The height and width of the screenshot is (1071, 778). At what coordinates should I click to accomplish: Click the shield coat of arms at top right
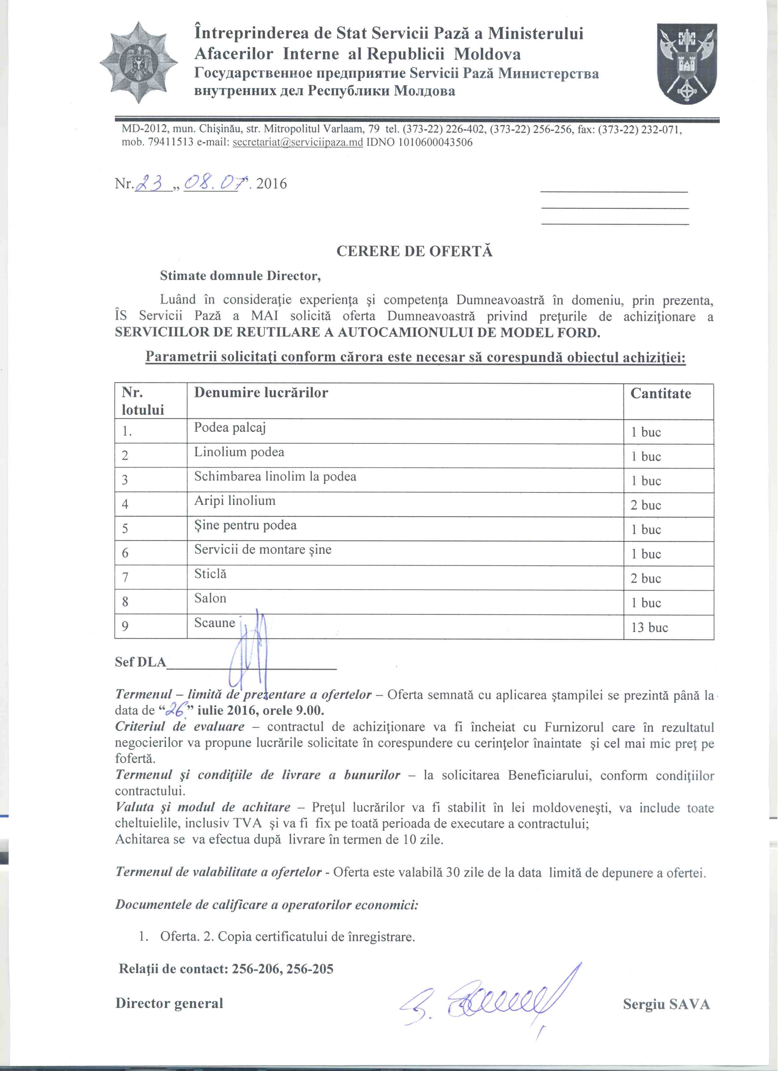[x=688, y=64]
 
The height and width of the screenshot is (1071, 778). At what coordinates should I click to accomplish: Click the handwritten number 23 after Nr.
[x=152, y=182]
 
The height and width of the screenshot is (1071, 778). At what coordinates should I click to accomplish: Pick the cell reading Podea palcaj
[x=230, y=428]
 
